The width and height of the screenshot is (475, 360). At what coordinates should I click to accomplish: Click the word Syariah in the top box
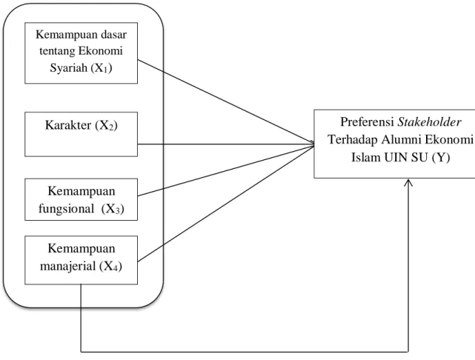click(68, 68)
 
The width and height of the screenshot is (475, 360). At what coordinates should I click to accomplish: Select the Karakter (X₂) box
click(82, 134)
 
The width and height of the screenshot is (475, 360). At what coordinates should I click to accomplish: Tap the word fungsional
click(67, 209)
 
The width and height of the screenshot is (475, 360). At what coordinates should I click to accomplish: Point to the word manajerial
click(68, 266)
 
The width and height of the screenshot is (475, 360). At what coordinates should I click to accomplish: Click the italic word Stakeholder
click(430, 122)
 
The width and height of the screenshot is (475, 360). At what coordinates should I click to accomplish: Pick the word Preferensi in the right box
click(367, 122)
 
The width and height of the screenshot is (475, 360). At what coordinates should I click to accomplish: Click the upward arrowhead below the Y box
click(408, 182)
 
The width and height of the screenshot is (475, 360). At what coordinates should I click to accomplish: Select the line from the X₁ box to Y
click(226, 101)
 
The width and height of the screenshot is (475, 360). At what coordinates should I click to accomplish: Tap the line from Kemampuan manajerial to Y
click(226, 204)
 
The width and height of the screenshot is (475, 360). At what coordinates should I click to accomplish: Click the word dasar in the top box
click(113, 35)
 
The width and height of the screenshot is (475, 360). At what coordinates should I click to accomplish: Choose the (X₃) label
click(113, 209)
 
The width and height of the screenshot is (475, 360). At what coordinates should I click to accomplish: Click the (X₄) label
click(110, 267)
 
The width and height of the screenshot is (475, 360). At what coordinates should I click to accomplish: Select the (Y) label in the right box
click(441, 158)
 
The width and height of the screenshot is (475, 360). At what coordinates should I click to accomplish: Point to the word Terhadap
click(353, 140)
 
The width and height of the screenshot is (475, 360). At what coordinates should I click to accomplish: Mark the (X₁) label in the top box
click(102, 68)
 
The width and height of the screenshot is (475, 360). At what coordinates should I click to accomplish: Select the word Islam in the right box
click(366, 158)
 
